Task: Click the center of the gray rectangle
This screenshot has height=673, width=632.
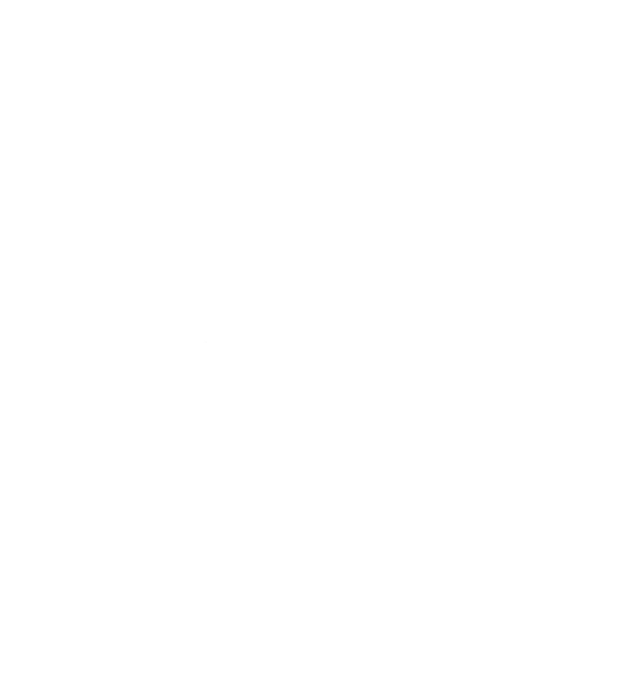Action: click(219, 358)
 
